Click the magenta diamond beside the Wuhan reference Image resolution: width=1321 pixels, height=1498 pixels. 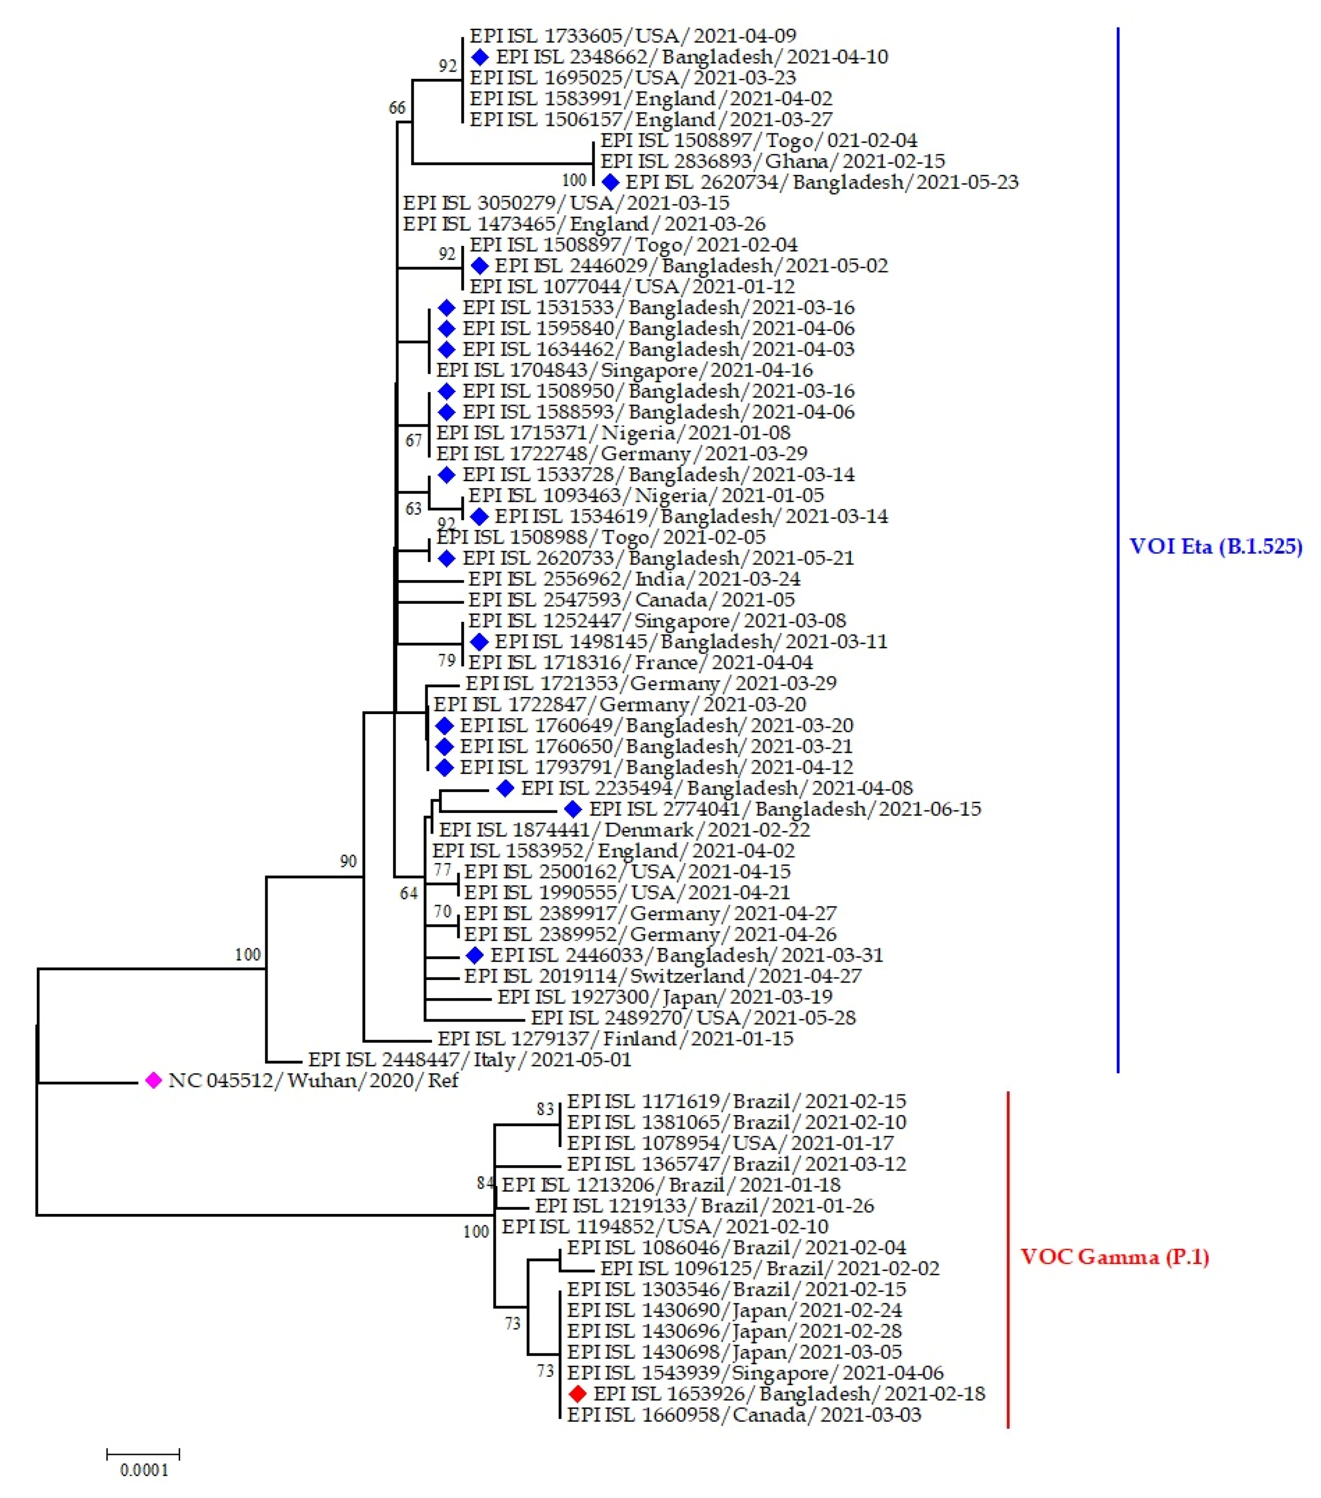(152, 1080)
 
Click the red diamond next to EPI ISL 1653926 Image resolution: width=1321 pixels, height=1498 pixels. (577, 1393)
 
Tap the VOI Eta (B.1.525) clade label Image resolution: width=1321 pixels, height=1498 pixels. (1216, 547)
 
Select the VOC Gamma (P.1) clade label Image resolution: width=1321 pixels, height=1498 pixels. (1114, 1257)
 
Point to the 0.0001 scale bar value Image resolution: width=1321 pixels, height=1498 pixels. (144, 1469)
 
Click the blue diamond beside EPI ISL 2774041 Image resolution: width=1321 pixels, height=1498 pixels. (573, 809)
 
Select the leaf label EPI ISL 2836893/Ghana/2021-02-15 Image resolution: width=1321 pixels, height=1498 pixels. (772, 161)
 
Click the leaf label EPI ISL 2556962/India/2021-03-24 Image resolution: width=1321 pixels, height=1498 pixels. (634, 579)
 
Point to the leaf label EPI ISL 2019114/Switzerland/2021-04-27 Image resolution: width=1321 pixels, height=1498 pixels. (662, 976)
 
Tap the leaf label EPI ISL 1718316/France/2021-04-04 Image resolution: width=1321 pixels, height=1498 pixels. (640, 663)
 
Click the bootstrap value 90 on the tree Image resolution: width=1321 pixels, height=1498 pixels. (348, 861)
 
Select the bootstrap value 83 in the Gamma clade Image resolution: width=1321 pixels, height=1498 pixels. (545, 1109)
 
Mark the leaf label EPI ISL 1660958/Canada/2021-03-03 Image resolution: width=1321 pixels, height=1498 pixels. (744, 1414)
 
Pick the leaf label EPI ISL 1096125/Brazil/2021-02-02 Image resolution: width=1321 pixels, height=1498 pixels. (769, 1268)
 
